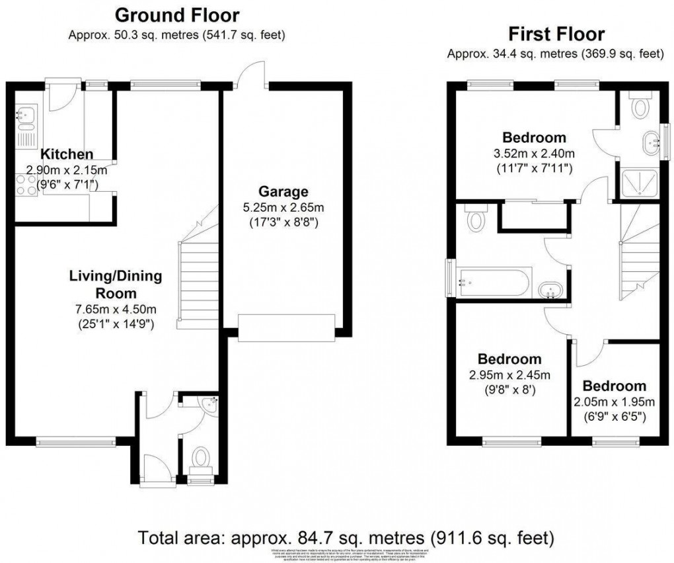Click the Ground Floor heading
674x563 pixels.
(x=177, y=14)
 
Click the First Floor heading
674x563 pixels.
(x=555, y=34)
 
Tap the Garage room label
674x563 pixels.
(x=283, y=192)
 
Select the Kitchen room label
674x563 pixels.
(x=67, y=154)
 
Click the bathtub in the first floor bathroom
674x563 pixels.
(x=490, y=282)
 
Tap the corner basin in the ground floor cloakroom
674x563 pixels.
(x=209, y=404)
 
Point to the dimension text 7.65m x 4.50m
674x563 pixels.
(x=116, y=310)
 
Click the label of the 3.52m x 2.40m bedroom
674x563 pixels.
(x=534, y=138)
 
